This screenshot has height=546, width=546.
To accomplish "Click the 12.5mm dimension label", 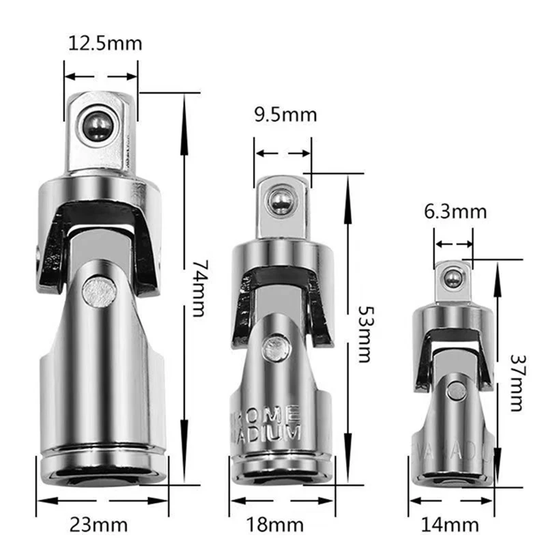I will [x=106, y=44].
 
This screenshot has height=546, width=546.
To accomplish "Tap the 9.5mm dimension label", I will [x=285, y=114].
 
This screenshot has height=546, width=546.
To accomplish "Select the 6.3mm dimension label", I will [x=455, y=212].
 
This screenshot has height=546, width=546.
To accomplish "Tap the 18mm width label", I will [x=285, y=525].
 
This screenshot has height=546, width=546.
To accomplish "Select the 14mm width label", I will [x=452, y=525].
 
